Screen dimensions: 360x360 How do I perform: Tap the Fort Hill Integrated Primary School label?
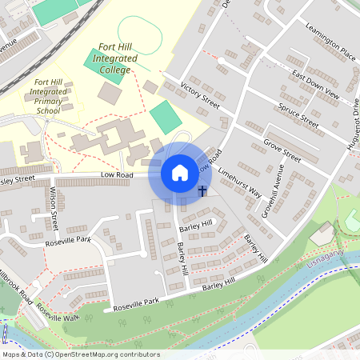coord(48,97)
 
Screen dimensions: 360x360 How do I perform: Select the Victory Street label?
coord(199,94)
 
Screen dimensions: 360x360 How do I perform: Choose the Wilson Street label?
coord(54,205)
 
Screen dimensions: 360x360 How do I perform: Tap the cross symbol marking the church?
coord(202,190)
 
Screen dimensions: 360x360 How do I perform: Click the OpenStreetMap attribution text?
coord(80,354)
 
